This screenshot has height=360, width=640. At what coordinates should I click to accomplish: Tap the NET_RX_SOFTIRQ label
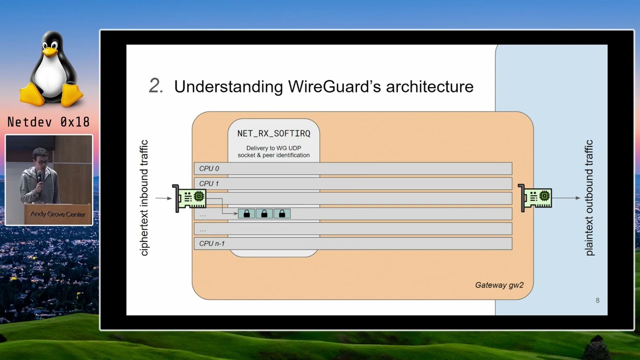coord(273,133)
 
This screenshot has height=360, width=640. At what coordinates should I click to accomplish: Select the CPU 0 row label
coord(209,168)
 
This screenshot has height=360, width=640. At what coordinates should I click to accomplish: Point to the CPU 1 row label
coord(209,183)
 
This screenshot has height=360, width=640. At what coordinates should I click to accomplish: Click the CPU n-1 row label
coord(212,243)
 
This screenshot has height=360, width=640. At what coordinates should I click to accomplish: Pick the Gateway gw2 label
coord(499,285)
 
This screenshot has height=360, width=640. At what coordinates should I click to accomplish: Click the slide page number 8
coord(597,300)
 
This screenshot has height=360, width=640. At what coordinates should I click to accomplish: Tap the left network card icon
coord(190,198)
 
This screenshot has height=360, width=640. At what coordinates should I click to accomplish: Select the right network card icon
coord(535,198)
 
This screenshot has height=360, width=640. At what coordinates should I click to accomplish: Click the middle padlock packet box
coord(264,214)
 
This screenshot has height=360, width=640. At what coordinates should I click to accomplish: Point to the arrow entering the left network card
coord(163,198)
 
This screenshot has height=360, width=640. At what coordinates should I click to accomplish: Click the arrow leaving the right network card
coord(566,198)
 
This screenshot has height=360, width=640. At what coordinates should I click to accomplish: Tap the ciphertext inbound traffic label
coord(144,198)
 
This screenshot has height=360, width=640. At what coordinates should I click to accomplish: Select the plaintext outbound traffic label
coord(589,198)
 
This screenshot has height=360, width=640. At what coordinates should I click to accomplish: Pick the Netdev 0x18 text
coord(48,122)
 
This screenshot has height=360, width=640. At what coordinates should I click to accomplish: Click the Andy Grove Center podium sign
coord(57,214)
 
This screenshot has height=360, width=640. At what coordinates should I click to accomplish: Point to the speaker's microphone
coord(39,175)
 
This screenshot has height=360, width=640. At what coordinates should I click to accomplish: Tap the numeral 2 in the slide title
coord(155,86)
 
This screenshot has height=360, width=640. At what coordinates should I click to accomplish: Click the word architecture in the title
coord(429,86)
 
